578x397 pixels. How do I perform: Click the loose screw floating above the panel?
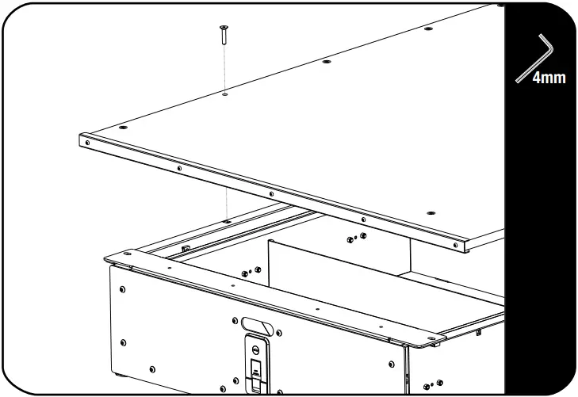[x=224, y=33]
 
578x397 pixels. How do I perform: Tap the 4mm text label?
[x=549, y=78]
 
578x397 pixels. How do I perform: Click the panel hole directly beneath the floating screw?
[x=224, y=94]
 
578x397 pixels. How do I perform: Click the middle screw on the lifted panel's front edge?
[x=271, y=193]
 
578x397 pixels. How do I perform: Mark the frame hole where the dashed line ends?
[x=226, y=221]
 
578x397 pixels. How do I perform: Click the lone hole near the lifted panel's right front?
[x=431, y=214]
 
